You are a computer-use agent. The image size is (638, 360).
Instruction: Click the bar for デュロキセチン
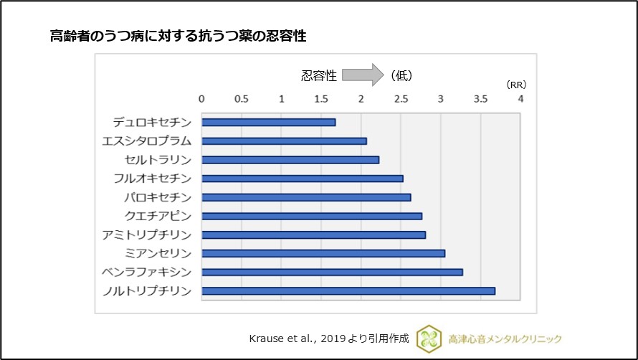point(268,122)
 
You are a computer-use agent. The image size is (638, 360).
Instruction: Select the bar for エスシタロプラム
point(284,141)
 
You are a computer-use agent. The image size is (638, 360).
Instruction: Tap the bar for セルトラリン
point(290,159)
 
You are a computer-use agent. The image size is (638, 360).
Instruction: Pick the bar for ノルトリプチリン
point(348,290)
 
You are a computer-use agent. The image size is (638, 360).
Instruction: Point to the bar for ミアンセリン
point(323,253)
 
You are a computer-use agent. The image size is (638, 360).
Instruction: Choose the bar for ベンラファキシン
point(332,272)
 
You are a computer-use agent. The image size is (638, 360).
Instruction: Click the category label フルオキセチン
point(153,178)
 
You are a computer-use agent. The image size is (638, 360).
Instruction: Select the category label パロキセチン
point(158,196)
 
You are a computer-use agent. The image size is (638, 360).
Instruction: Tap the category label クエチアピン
point(158,215)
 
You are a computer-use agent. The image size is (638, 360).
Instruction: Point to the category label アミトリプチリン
point(148,235)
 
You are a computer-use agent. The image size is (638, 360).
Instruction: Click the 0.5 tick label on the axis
point(242,98)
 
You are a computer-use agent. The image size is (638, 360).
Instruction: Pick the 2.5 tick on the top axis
point(401,98)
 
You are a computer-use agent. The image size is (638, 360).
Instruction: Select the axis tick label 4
point(521,98)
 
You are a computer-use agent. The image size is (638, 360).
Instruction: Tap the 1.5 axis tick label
point(321,98)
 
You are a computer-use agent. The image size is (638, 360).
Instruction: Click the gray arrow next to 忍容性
point(363,75)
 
